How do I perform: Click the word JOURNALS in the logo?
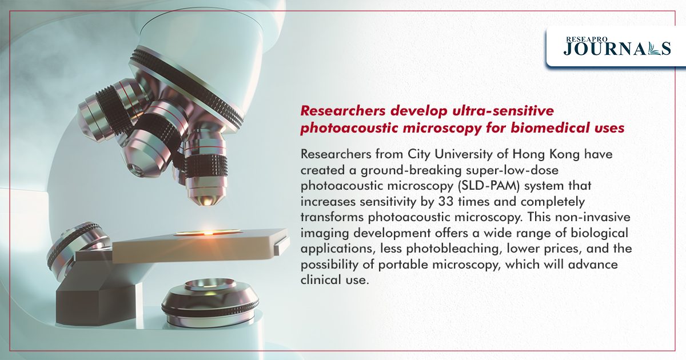pyautogui.click(x=617, y=49)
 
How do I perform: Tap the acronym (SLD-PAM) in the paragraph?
pyautogui.click(x=488, y=186)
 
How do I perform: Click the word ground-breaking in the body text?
pyautogui.click(x=410, y=170)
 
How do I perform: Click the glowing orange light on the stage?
pyautogui.click(x=208, y=233)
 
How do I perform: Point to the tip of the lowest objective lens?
pyautogui.click(x=206, y=202)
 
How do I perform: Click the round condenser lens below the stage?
pyautogui.click(x=210, y=302)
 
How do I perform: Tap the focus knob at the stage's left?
pyautogui.click(x=77, y=248)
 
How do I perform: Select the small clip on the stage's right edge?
pyautogui.click(x=281, y=246)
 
